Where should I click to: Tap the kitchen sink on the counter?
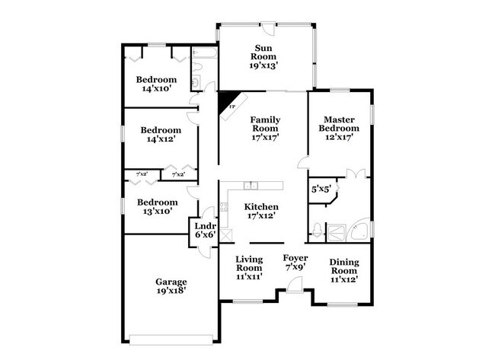[251, 186]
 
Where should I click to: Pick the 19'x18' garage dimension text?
[171, 289]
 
